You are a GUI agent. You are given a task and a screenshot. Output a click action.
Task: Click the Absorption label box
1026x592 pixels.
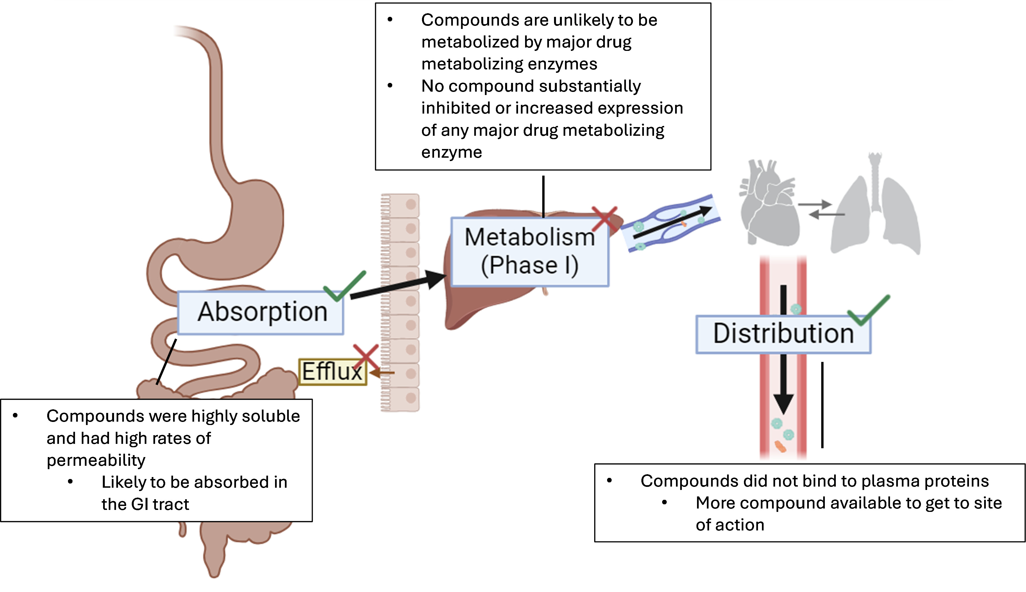pyautogui.click(x=260, y=313)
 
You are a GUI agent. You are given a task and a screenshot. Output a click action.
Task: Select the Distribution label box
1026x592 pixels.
pyautogui.click(x=783, y=334)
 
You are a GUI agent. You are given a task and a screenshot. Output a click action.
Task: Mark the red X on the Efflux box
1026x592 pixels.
pyautogui.click(x=366, y=357)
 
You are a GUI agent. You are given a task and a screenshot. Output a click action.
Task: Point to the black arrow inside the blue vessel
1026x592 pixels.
pyautogui.click(x=673, y=222)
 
